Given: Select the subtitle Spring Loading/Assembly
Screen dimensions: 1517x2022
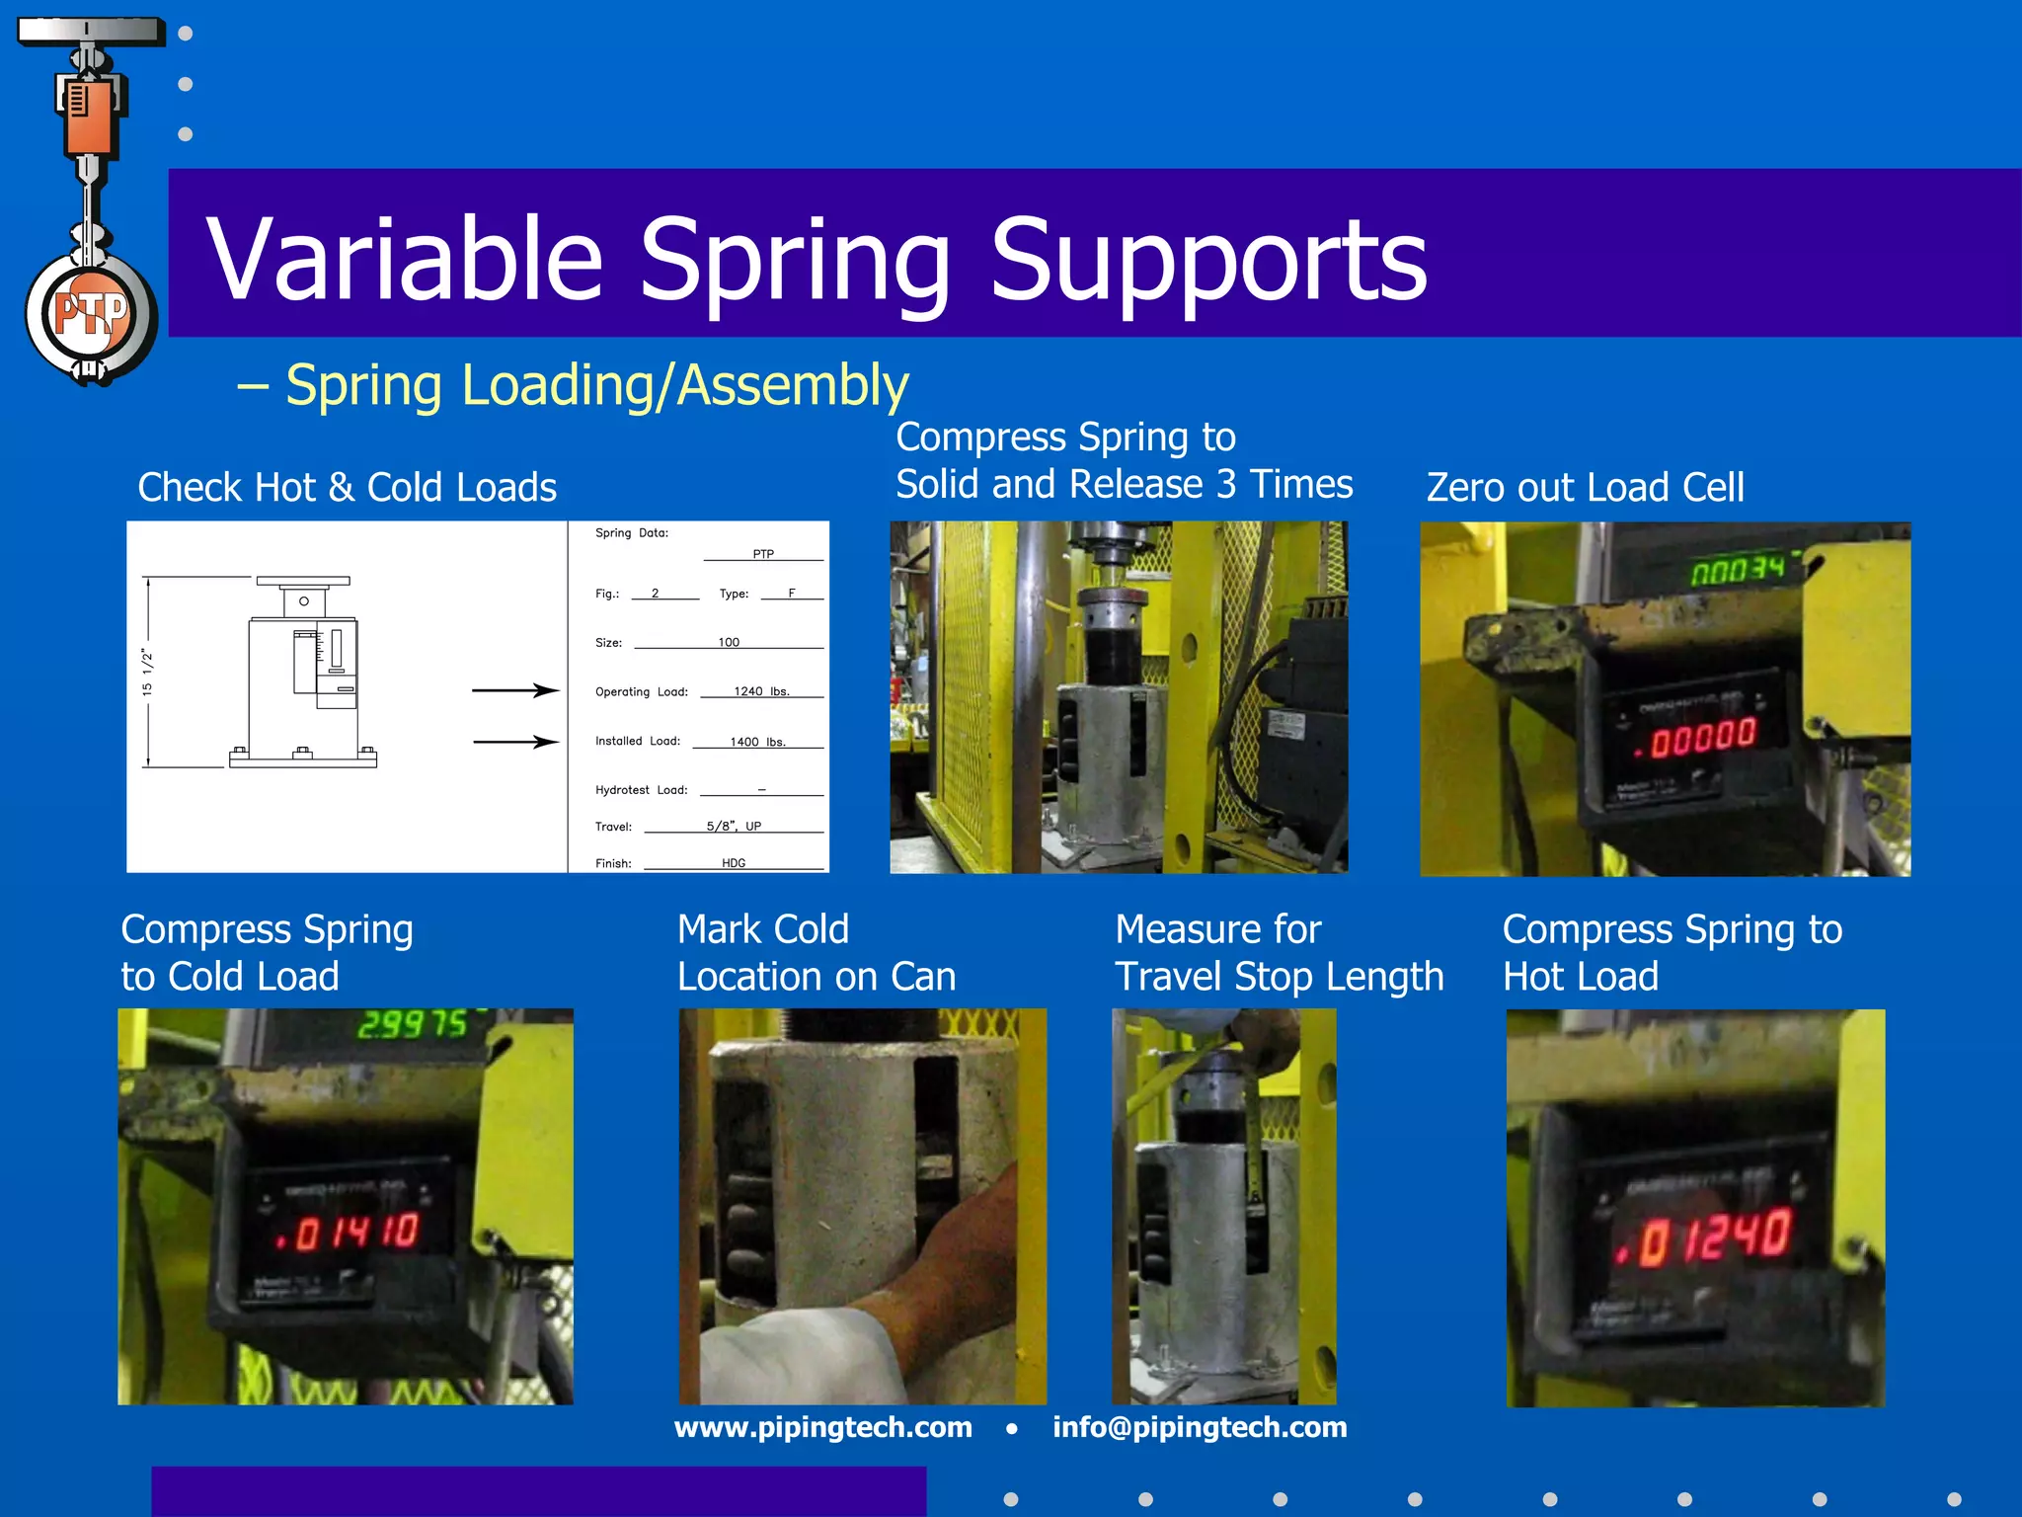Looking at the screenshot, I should point(596,385).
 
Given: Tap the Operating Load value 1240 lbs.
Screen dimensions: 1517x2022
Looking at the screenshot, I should point(761,691).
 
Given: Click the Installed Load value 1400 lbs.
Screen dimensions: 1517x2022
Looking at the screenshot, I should point(757,742).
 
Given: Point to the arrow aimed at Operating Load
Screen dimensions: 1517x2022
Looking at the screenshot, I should point(515,690).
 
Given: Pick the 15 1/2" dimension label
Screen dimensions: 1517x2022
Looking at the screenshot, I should point(148,673).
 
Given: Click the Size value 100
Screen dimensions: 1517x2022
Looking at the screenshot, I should point(729,642).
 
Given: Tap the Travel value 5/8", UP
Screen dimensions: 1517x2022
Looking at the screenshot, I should point(734,827).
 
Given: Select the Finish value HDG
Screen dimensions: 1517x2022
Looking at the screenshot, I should point(734,863).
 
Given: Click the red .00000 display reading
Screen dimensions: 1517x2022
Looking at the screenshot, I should point(1697,739).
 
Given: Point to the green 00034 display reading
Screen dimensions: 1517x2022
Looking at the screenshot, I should point(1738,570).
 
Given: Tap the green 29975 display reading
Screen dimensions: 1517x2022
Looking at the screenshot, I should point(412,1024).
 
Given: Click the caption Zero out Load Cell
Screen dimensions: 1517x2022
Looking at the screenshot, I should point(1585,488).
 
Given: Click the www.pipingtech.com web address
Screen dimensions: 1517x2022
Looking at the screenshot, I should point(822,1427).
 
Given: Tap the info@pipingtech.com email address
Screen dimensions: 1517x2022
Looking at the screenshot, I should point(1199,1427).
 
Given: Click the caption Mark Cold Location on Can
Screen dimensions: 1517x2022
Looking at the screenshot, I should point(816,953).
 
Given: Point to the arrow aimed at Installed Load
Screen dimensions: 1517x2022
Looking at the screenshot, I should point(515,741).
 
